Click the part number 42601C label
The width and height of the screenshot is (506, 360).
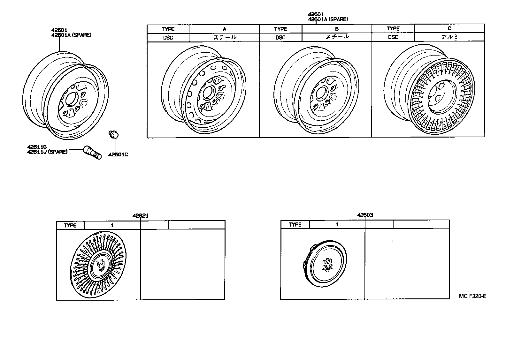(118, 155)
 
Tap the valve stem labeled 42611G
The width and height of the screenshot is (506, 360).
(92, 153)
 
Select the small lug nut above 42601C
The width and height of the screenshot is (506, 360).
(113, 135)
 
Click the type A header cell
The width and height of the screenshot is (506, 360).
(224, 29)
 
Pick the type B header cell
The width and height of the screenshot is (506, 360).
(337, 29)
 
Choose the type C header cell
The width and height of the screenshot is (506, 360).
(449, 28)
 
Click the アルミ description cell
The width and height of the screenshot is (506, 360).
(449, 37)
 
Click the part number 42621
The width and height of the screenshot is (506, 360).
(141, 216)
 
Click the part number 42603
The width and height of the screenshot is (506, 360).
(365, 215)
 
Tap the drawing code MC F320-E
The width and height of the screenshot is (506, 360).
(472, 296)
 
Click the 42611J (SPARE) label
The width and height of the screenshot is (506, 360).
(47, 152)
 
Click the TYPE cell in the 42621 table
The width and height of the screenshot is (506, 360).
(70, 225)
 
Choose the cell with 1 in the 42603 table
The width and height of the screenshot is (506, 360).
(337, 224)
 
